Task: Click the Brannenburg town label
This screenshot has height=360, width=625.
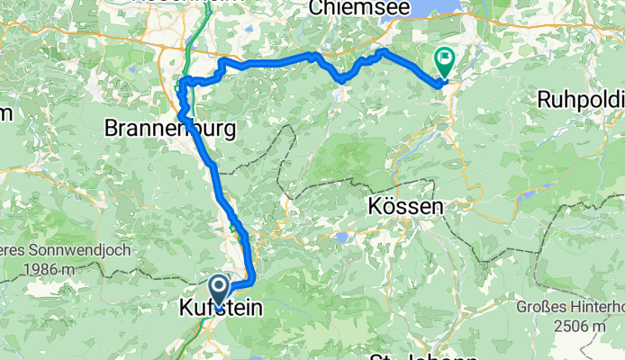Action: click(x=171, y=129)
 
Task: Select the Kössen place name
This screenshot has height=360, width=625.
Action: click(x=406, y=206)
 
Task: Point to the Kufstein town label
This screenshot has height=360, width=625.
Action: click(x=220, y=309)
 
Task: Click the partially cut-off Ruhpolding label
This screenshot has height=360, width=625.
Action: click(x=581, y=99)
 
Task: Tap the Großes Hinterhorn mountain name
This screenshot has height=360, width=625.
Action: click(x=571, y=307)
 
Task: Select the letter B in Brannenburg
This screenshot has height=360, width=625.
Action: click(x=112, y=129)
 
